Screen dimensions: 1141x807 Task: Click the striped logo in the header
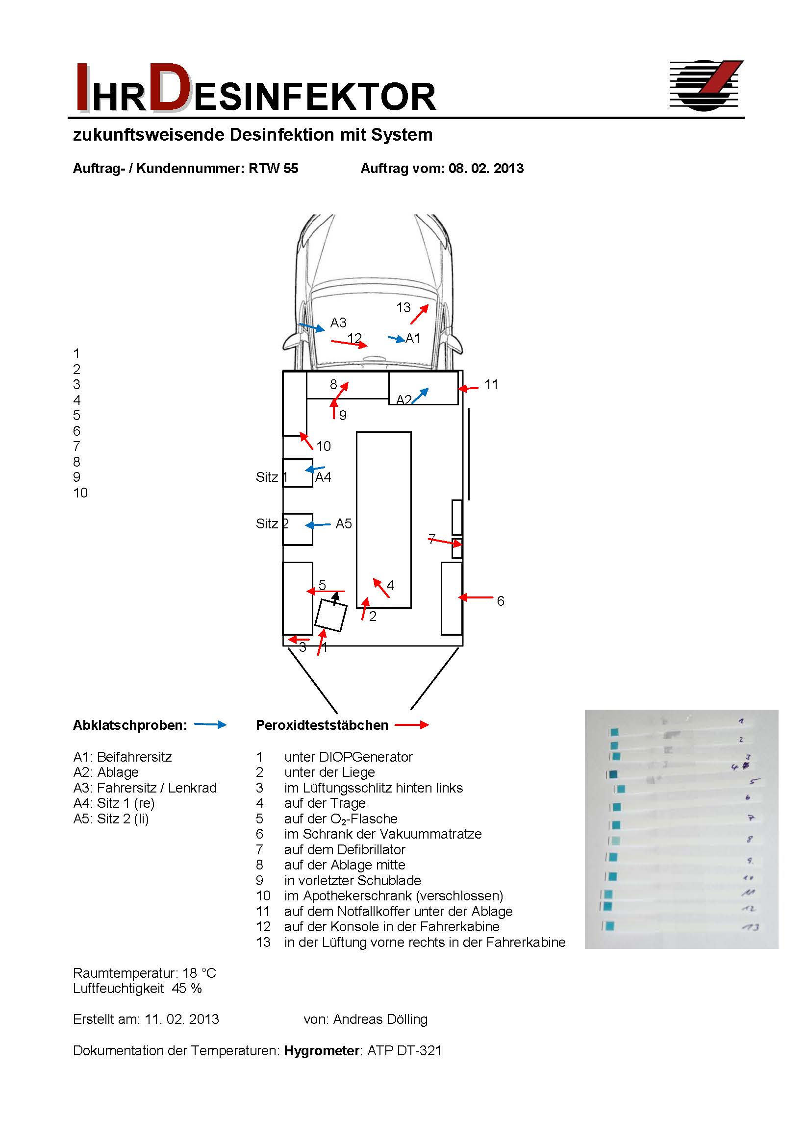pos(706,85)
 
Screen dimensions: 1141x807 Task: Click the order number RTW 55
pos(273,169)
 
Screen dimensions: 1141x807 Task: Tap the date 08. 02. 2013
pos(486,169)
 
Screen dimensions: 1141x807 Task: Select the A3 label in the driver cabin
pos(338,323)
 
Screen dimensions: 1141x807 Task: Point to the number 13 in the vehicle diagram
pos(403,308)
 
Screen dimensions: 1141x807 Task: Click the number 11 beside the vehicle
pos(491,384)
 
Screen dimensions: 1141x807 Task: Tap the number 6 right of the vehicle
pos(500,601)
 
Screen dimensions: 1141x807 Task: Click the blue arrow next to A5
pos(318,525)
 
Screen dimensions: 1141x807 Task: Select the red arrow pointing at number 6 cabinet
pos(476,597)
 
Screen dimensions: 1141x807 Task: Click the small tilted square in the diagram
pos(330,615)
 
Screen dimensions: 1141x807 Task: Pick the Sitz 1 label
pos(272,477)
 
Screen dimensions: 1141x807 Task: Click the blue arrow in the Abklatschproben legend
pos(210,725)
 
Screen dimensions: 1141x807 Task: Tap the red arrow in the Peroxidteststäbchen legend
pos(411,725)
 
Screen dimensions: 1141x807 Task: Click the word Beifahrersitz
pos(134,757)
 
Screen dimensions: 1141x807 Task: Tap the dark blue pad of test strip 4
pos(612,774)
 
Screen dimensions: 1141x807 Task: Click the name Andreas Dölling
pos(380,1019)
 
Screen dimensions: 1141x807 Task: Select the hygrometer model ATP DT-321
pos(404,1050)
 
